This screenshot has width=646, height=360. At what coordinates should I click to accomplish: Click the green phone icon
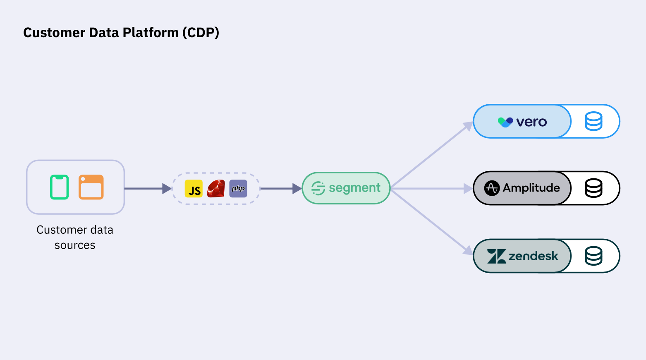tap(59, 187)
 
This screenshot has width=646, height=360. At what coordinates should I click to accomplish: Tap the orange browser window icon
tap(91, 187)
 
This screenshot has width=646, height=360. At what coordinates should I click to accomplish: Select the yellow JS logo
tap(194, 189)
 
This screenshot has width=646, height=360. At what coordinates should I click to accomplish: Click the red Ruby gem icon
tap(216, 189)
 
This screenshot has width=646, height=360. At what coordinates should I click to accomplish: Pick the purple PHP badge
tap(238, 189)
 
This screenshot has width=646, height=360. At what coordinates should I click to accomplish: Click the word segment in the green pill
tap(354, 188)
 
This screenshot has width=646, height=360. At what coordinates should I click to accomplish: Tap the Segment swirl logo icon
tap(318, 188)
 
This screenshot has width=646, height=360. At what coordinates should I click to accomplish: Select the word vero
tap(531, 122)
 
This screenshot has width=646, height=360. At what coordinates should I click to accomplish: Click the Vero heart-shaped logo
tap(505, 122)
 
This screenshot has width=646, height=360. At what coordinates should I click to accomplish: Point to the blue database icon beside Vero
tap(593, 122)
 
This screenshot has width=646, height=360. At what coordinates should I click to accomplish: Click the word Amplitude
tap(531, 188)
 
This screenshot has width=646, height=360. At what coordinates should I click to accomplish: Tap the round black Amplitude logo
tap(492, 188)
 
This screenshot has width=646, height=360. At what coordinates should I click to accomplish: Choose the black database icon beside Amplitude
tap(593, 188)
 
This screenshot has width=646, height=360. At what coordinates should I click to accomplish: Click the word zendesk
tap(533, 256)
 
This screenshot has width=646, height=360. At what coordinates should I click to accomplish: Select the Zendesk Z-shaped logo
tap(496, 256)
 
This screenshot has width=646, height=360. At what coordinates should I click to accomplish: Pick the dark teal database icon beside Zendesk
tap(593, 256)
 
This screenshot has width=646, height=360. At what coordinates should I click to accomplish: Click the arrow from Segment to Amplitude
tap(430, 189)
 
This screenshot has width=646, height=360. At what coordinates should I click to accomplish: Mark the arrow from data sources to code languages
tap(147, 189)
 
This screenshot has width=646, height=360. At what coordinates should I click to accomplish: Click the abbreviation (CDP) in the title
tap(201, 33)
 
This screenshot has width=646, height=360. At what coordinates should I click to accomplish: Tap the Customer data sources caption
tap(75, 237)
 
